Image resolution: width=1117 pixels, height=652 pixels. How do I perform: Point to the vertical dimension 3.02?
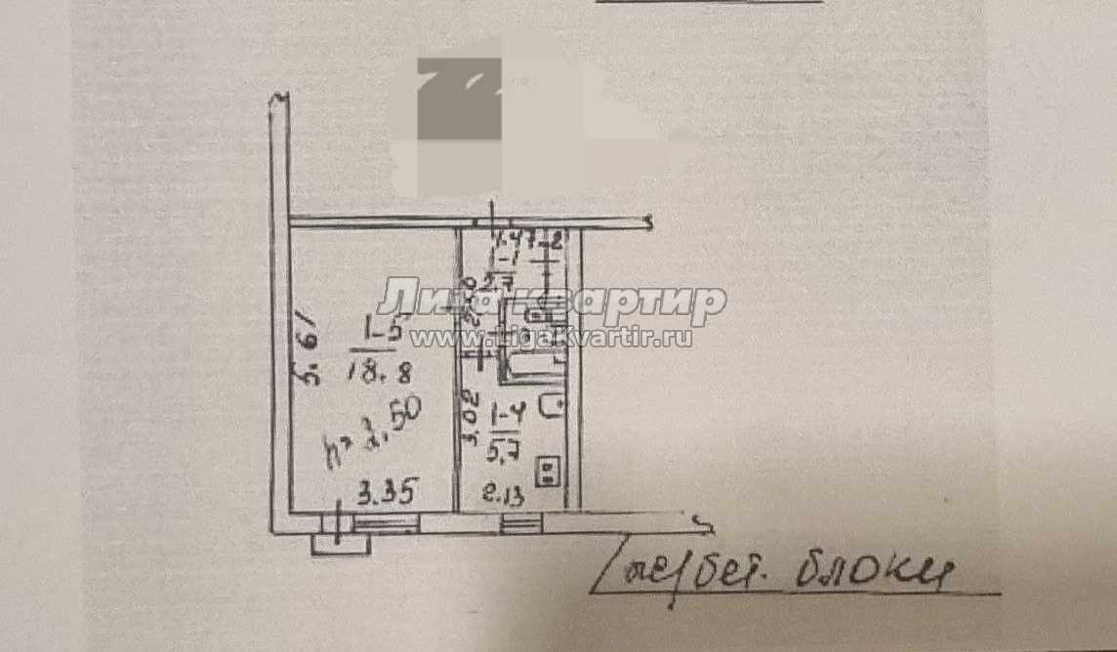point(471,419)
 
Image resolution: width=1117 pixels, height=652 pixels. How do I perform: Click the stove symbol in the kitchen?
point(550,473)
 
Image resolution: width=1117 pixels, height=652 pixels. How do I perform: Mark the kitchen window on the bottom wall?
point(520,525)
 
